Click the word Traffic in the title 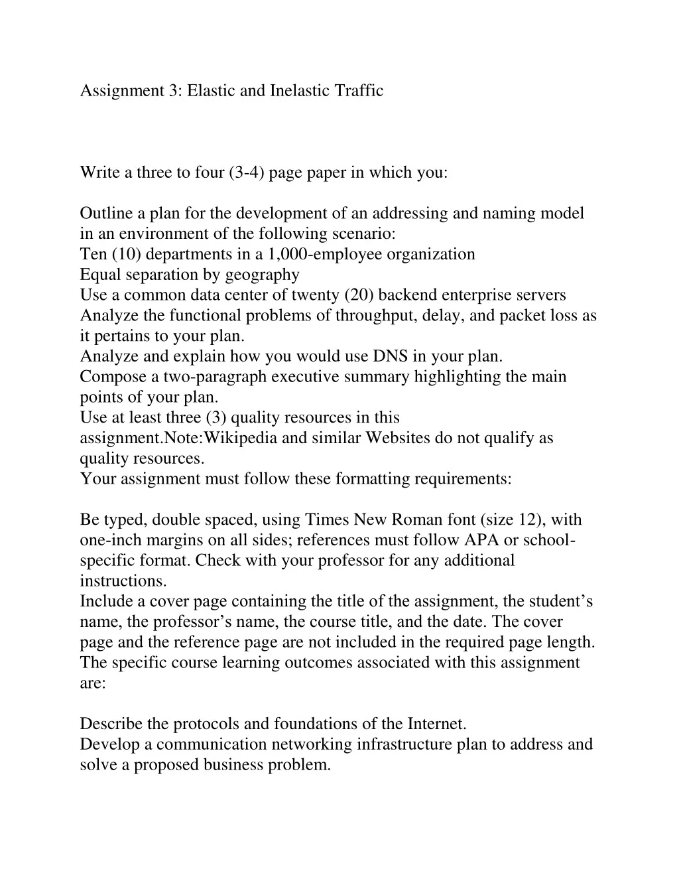point(359,90)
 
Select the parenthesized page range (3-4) point(247,172)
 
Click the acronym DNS point(390,356)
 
